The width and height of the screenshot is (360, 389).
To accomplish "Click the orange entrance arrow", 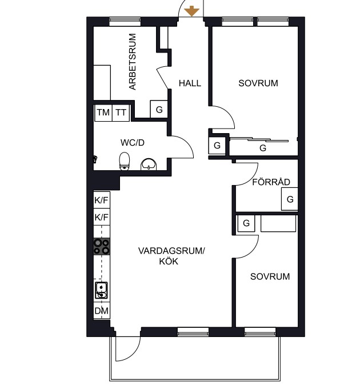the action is click(x=191, y=11).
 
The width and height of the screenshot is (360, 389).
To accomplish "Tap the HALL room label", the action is click(x=190, y=83).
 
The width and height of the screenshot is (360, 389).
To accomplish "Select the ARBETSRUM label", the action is click(x=133, y=62).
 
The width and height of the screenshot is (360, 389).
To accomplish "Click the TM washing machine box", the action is click(x=103, y=113).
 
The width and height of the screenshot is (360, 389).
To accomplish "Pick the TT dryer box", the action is click(x=121, y=113).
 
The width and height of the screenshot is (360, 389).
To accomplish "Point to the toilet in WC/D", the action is click(x=125, y=161).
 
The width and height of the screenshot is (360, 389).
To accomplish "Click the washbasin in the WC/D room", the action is click(x=149, y=165).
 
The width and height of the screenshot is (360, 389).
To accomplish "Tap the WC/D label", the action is click(x=132, y=143).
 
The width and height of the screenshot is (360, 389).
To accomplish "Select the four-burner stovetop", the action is click(x=102, y=247).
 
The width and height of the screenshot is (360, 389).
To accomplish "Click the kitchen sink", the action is click(x=101, y=290).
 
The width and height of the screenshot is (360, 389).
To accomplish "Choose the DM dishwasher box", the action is click(x=102, y=311).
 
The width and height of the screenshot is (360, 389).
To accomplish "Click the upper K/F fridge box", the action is click(x=102, y=200).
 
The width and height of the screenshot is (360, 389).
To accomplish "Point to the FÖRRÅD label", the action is click(x=271, y=182).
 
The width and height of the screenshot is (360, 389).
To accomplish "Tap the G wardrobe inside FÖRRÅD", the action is click(x=290, y=199).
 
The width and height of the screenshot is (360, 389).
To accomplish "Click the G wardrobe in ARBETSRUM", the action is click(x=159, y=109).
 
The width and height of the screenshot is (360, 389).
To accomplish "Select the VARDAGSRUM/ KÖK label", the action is click(x=171, y=256).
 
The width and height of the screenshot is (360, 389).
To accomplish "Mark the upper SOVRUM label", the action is click(x=258, y=83).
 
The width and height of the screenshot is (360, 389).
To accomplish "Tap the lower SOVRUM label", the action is click(x=270, y=276).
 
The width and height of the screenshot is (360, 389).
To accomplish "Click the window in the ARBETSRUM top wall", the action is click(x=125, y=22).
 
